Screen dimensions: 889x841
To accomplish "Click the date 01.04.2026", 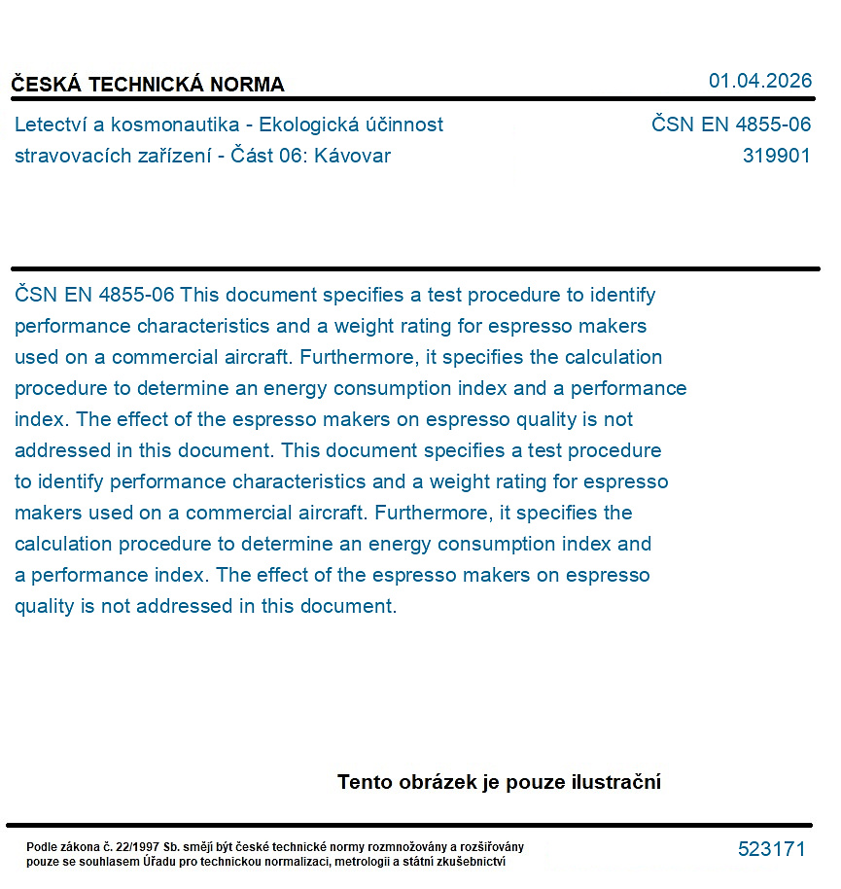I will (759, 81).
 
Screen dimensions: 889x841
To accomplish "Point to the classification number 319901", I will (776, 156).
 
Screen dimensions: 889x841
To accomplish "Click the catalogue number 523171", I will (771, 849).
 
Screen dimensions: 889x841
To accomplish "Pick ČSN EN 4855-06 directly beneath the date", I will (730, 124).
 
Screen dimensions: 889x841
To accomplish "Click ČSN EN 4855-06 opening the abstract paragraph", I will (94, 295).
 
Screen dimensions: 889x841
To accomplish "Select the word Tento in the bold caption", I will (364, 782).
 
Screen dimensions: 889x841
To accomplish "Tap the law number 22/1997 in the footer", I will (142, 847).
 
